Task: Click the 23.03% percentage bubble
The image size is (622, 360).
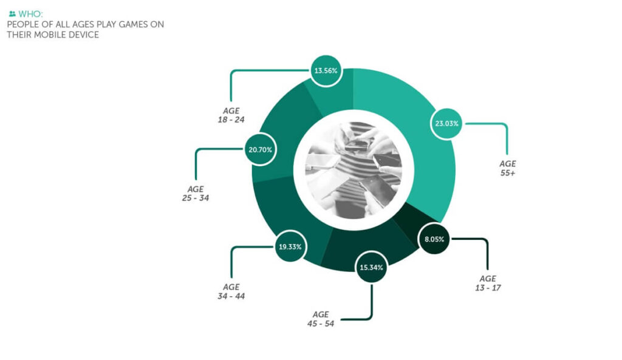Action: (446, 123)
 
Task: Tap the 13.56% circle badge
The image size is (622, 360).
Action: (326, 70)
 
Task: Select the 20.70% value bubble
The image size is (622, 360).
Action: (260, 149)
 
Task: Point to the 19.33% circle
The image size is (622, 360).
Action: (290, 246)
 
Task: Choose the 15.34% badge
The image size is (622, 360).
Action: (371, 267)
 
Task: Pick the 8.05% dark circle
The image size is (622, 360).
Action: (434, 239)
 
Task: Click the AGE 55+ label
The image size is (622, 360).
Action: (508, 168)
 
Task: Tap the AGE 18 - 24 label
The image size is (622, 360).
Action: (231, 115)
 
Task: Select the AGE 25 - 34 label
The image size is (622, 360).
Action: (196, 194)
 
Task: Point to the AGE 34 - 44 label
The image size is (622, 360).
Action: (231, 291)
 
